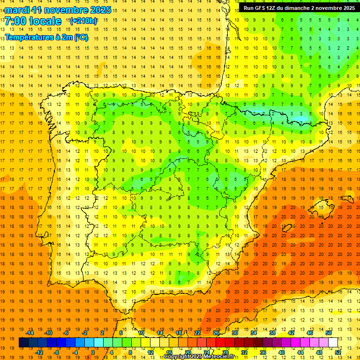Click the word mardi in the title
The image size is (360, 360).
click(x=17, y=10)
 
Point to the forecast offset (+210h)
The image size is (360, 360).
click(x=83, y=21)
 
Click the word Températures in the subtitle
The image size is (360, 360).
click(x=29, y=37)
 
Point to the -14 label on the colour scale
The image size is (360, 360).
click(x=30, y=333)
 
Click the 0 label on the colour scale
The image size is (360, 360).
click(x=93, y=352)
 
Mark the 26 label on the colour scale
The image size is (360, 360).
click(x=216, y=333)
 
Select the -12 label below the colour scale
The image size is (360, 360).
click(x=39, y=352)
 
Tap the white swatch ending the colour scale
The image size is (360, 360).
click(x=333, y=343)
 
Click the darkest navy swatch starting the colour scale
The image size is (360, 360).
click(x=23, y=343)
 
